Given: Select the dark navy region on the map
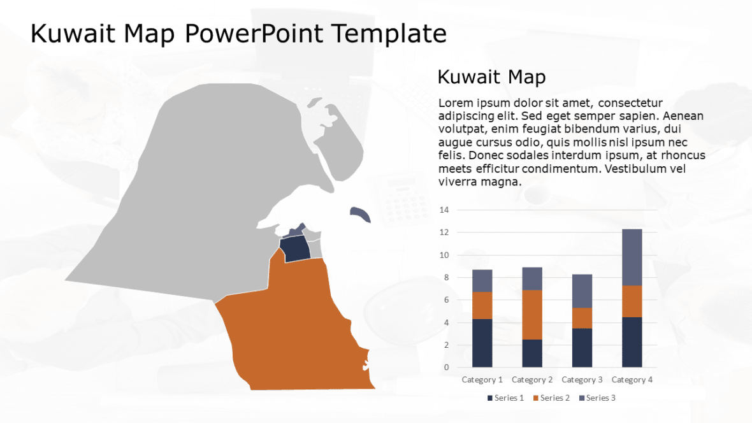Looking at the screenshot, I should [295, 248].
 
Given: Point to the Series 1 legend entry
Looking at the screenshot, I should [506, 398].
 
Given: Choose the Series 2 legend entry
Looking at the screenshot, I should [551, 398].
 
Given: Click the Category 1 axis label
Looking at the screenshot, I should [482, 380].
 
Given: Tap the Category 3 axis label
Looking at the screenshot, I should [582, 380].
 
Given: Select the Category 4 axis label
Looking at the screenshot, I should [632, 380].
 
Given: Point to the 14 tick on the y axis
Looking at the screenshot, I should [444, 210].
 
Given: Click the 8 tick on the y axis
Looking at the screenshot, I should [446, 278].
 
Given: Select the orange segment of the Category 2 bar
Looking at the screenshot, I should [532, 315].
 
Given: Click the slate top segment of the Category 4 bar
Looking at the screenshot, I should [632, 257].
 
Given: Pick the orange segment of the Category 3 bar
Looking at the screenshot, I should [582, 318].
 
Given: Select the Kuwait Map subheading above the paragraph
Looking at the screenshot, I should [491, 78].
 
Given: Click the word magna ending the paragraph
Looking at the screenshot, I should [503, 182].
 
